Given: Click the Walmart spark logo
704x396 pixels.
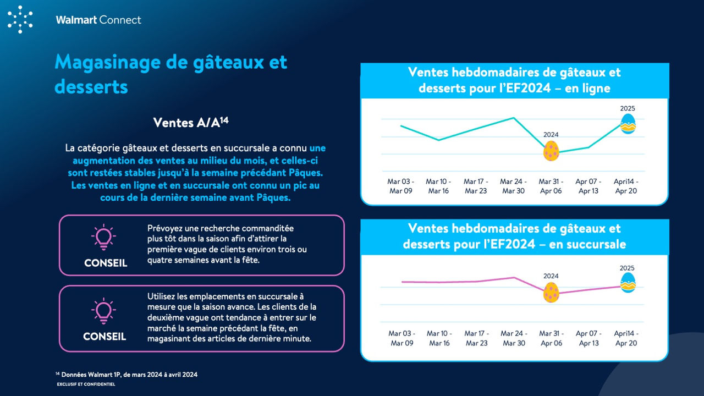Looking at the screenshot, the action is point(20,19).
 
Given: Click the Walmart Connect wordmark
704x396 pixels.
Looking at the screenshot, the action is point(98,20).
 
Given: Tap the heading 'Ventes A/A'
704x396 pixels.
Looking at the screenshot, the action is point(190,122).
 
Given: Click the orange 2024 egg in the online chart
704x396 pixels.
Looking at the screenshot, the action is point(551,151).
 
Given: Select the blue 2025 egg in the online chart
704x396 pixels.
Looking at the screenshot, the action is point(628,124).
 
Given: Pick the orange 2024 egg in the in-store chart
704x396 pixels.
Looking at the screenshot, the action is point(551,292).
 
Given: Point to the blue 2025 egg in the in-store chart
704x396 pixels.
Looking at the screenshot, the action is point(628,283).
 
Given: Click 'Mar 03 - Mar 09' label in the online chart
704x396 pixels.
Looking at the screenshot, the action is point(401,186).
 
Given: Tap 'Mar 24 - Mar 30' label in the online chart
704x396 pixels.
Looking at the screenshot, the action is point(513,186).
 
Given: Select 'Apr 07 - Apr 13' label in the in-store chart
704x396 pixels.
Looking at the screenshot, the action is point(588,338).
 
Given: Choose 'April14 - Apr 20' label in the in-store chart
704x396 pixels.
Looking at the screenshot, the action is point(626,338).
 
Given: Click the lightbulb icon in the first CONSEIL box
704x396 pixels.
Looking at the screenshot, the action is point(103,237).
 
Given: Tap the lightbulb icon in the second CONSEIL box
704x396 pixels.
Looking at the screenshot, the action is point(103,311).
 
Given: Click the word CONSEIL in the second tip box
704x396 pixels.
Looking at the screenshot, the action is point(105,336).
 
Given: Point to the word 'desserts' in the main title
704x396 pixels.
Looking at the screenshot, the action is point(91,86).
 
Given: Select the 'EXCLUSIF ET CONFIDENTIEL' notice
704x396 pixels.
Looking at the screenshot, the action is point(86,384).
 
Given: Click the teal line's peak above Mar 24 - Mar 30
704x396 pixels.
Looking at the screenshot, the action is point(514,118).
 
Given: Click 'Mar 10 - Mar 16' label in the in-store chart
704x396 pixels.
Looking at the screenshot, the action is point(439,338).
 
